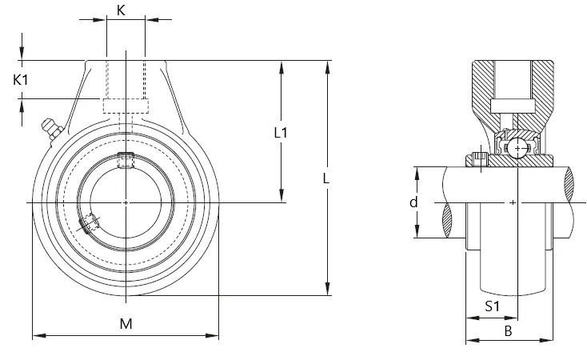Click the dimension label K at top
(121, 10)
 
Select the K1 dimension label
(21, 80)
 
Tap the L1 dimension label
(281, 133)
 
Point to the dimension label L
(326, 178)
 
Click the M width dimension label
(126, 324)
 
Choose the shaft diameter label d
(413, 202)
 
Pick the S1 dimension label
(493, 306)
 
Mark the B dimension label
(508, 331)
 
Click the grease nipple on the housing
(52, 130)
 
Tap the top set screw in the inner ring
(126, 160)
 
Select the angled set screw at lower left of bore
(88, 224)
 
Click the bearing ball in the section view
(517, 148)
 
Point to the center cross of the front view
(126, 202)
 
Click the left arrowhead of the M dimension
(39, 336)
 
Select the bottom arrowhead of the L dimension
(328, 289)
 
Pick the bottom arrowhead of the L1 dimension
(282, 195)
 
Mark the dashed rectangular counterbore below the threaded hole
(126, 106)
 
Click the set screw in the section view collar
(478, 159)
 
